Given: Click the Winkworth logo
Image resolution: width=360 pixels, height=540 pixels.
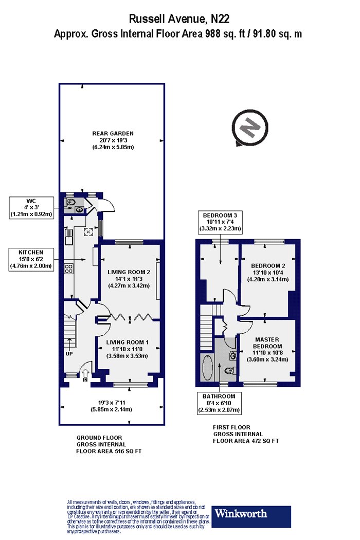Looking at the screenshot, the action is coord(251,516).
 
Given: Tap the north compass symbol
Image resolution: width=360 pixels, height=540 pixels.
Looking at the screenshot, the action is coord(250,128).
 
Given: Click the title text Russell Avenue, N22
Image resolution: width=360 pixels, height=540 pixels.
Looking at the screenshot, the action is coord(179,19).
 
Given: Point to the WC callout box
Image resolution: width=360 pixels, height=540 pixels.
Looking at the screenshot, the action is coord(31,208).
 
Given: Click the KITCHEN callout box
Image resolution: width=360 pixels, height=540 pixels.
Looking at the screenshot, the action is coord(31,259).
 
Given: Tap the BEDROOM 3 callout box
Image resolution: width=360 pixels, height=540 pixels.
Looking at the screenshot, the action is coord(220,222).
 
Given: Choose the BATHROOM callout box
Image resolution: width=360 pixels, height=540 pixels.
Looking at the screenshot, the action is coord(219,403).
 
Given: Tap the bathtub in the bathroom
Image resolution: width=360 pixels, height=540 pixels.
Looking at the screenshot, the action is coord(207,368).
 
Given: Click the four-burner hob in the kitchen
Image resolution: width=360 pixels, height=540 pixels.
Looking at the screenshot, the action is coord(68,268).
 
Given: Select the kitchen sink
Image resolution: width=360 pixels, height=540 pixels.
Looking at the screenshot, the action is coord(68,237).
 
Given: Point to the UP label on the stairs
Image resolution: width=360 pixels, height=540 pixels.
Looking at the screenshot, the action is coord(69,354).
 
